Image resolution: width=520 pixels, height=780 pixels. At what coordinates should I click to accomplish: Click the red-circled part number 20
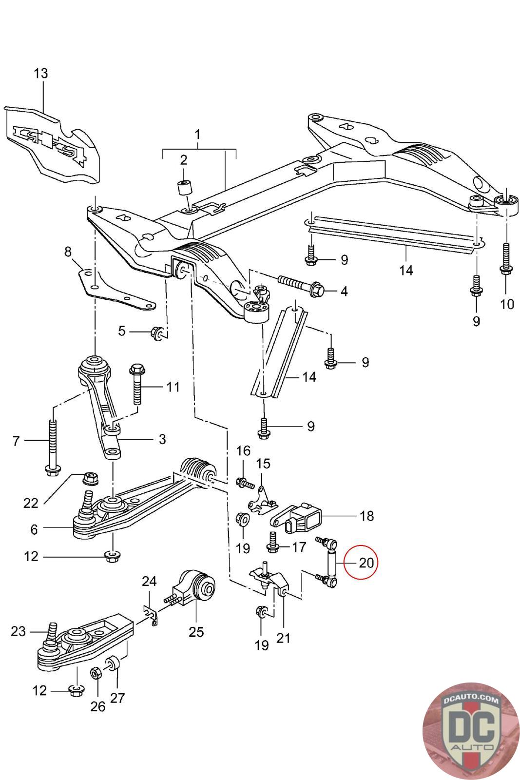(x=366, y=563)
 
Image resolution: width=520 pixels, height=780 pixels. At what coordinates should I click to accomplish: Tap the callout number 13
(x=41, y=73)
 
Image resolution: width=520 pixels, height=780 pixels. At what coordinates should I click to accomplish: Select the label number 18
(x=366, y=515)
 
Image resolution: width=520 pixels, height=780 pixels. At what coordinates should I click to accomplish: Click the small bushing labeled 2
(x=184, y=187)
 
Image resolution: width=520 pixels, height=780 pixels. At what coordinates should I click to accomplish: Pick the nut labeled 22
(x=90, y=478)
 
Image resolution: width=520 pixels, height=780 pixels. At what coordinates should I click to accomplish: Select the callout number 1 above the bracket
(x=198, y=133)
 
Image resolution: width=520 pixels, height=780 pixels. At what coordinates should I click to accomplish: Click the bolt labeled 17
(x=272, y=544)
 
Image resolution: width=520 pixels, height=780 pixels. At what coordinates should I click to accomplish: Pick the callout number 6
(x=34, y=529)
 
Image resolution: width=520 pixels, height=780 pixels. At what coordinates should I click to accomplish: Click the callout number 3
(x=161, y=439)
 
